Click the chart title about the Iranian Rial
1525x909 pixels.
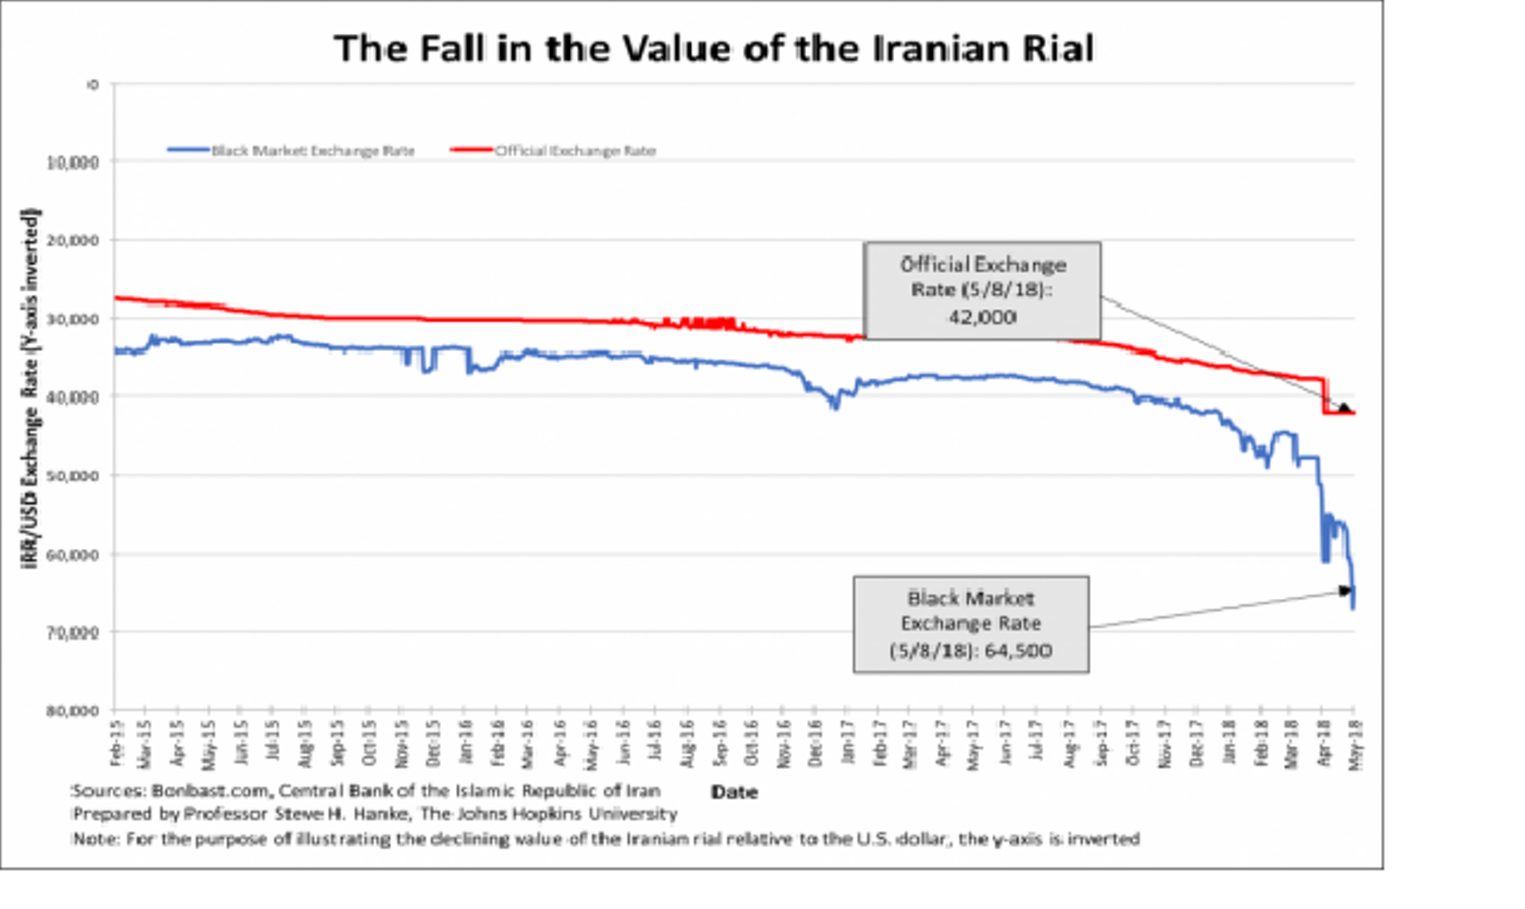tap(713, 49)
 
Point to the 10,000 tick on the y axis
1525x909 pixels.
tap(72, 162)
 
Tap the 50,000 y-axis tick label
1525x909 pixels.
tap(72, 476)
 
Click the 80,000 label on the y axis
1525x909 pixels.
tap(72, 711)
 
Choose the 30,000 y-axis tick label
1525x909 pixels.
tap(72, 319)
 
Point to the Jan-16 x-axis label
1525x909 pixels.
tap(467, 745)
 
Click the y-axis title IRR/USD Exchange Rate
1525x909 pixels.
tap(29, 390)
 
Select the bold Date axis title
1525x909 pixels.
tap(734, 793)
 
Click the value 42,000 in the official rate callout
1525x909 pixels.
tap(982, 317)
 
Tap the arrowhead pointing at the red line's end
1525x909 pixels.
tap(1344, 408)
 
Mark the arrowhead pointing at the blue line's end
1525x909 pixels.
tap(1344, 590)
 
